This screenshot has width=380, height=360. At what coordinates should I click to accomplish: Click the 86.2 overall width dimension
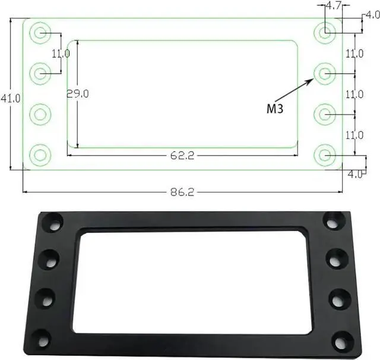(182, 192)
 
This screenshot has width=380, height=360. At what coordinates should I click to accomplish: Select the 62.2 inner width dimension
(182, 156)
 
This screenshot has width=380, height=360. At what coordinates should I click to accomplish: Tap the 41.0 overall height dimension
(11, 98)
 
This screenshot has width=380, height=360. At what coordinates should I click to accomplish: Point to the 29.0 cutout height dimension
(78, 94)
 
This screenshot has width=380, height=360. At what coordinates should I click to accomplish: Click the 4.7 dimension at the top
(334, 5)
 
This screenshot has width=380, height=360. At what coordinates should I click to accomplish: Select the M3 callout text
(275, 109)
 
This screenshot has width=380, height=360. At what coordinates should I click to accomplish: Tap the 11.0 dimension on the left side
(61, 53)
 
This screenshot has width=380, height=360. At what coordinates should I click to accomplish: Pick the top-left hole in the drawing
(40, 33)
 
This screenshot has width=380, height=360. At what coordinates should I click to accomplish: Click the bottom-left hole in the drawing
(40, 155)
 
